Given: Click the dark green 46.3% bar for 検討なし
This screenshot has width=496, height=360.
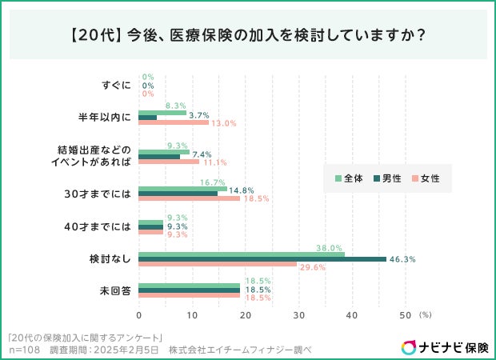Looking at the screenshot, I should pos(262,259).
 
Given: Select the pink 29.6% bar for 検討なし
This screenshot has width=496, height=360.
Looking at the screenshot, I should pos(218,265).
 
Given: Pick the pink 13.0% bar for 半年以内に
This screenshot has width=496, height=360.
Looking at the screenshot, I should pos(174,122).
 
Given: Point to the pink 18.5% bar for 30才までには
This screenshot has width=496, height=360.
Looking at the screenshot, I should pos(189,197).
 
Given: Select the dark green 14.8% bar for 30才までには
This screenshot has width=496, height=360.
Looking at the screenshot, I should pos(178,192).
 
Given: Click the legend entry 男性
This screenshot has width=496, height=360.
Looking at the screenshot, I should pos(391,178).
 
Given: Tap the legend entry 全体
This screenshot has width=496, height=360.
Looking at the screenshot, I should pos(353,178).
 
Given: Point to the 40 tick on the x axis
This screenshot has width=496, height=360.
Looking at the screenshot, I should pos(351,314).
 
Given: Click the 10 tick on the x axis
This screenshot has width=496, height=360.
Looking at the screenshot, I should pos(192,314).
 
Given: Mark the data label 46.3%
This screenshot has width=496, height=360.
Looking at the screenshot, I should pos(403,259).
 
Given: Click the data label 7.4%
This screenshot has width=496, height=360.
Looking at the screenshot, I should pos(201,154).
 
